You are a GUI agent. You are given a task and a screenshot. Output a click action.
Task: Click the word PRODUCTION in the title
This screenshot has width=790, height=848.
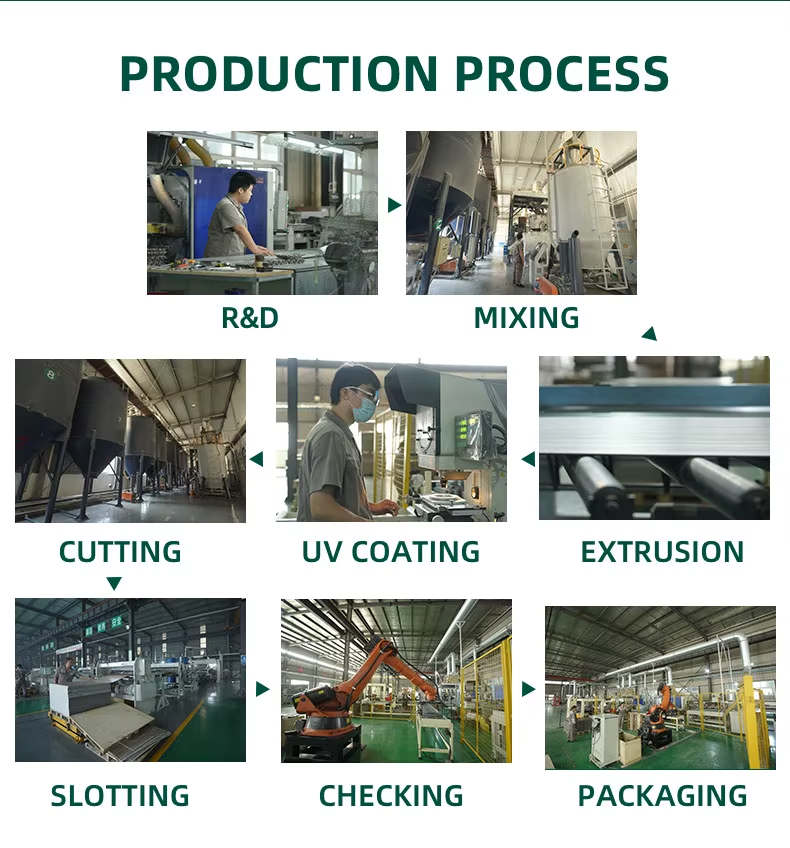(x=278, y=74)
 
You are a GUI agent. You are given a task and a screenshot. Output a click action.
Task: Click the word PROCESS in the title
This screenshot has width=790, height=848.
(x=562, y=74)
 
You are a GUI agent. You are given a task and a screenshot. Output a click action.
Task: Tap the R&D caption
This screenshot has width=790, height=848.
(x=250, y=317)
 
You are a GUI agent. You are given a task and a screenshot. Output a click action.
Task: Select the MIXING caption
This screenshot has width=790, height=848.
(x=526, y=317)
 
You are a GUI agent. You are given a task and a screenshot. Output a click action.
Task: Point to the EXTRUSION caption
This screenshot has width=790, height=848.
(x=662, y=552)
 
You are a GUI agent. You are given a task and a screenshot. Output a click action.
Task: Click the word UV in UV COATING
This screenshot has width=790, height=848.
(x=321, y=552)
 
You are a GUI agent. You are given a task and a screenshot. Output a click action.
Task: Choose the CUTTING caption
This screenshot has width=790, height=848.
(x=120, y=552)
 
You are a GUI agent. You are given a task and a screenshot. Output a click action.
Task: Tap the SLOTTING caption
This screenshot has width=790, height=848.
(x=120, y=796)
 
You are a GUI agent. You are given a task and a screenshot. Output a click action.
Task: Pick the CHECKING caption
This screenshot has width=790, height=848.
(x=391, y=796)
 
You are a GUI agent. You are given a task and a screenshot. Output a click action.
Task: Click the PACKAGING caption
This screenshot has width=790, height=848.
(x=662, y=796)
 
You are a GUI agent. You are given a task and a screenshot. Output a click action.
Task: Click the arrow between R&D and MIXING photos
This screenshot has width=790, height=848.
(x=394, y=205)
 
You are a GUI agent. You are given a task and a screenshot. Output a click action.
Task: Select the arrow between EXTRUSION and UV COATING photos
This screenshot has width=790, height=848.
(x=529, y=459)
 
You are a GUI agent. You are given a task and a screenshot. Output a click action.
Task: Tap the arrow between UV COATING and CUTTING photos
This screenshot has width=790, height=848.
(x=257, y=459)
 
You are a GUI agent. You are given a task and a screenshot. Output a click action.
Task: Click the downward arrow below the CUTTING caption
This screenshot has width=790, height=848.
(x=114, y=583)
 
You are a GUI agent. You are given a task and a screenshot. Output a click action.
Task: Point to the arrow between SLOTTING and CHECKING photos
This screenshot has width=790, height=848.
(x=262, y=689)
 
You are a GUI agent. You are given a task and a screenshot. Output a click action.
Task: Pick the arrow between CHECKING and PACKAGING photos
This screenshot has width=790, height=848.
(x=528, y=689)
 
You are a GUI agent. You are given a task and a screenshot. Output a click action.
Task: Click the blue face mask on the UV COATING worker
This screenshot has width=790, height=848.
(x=364, y=408)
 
